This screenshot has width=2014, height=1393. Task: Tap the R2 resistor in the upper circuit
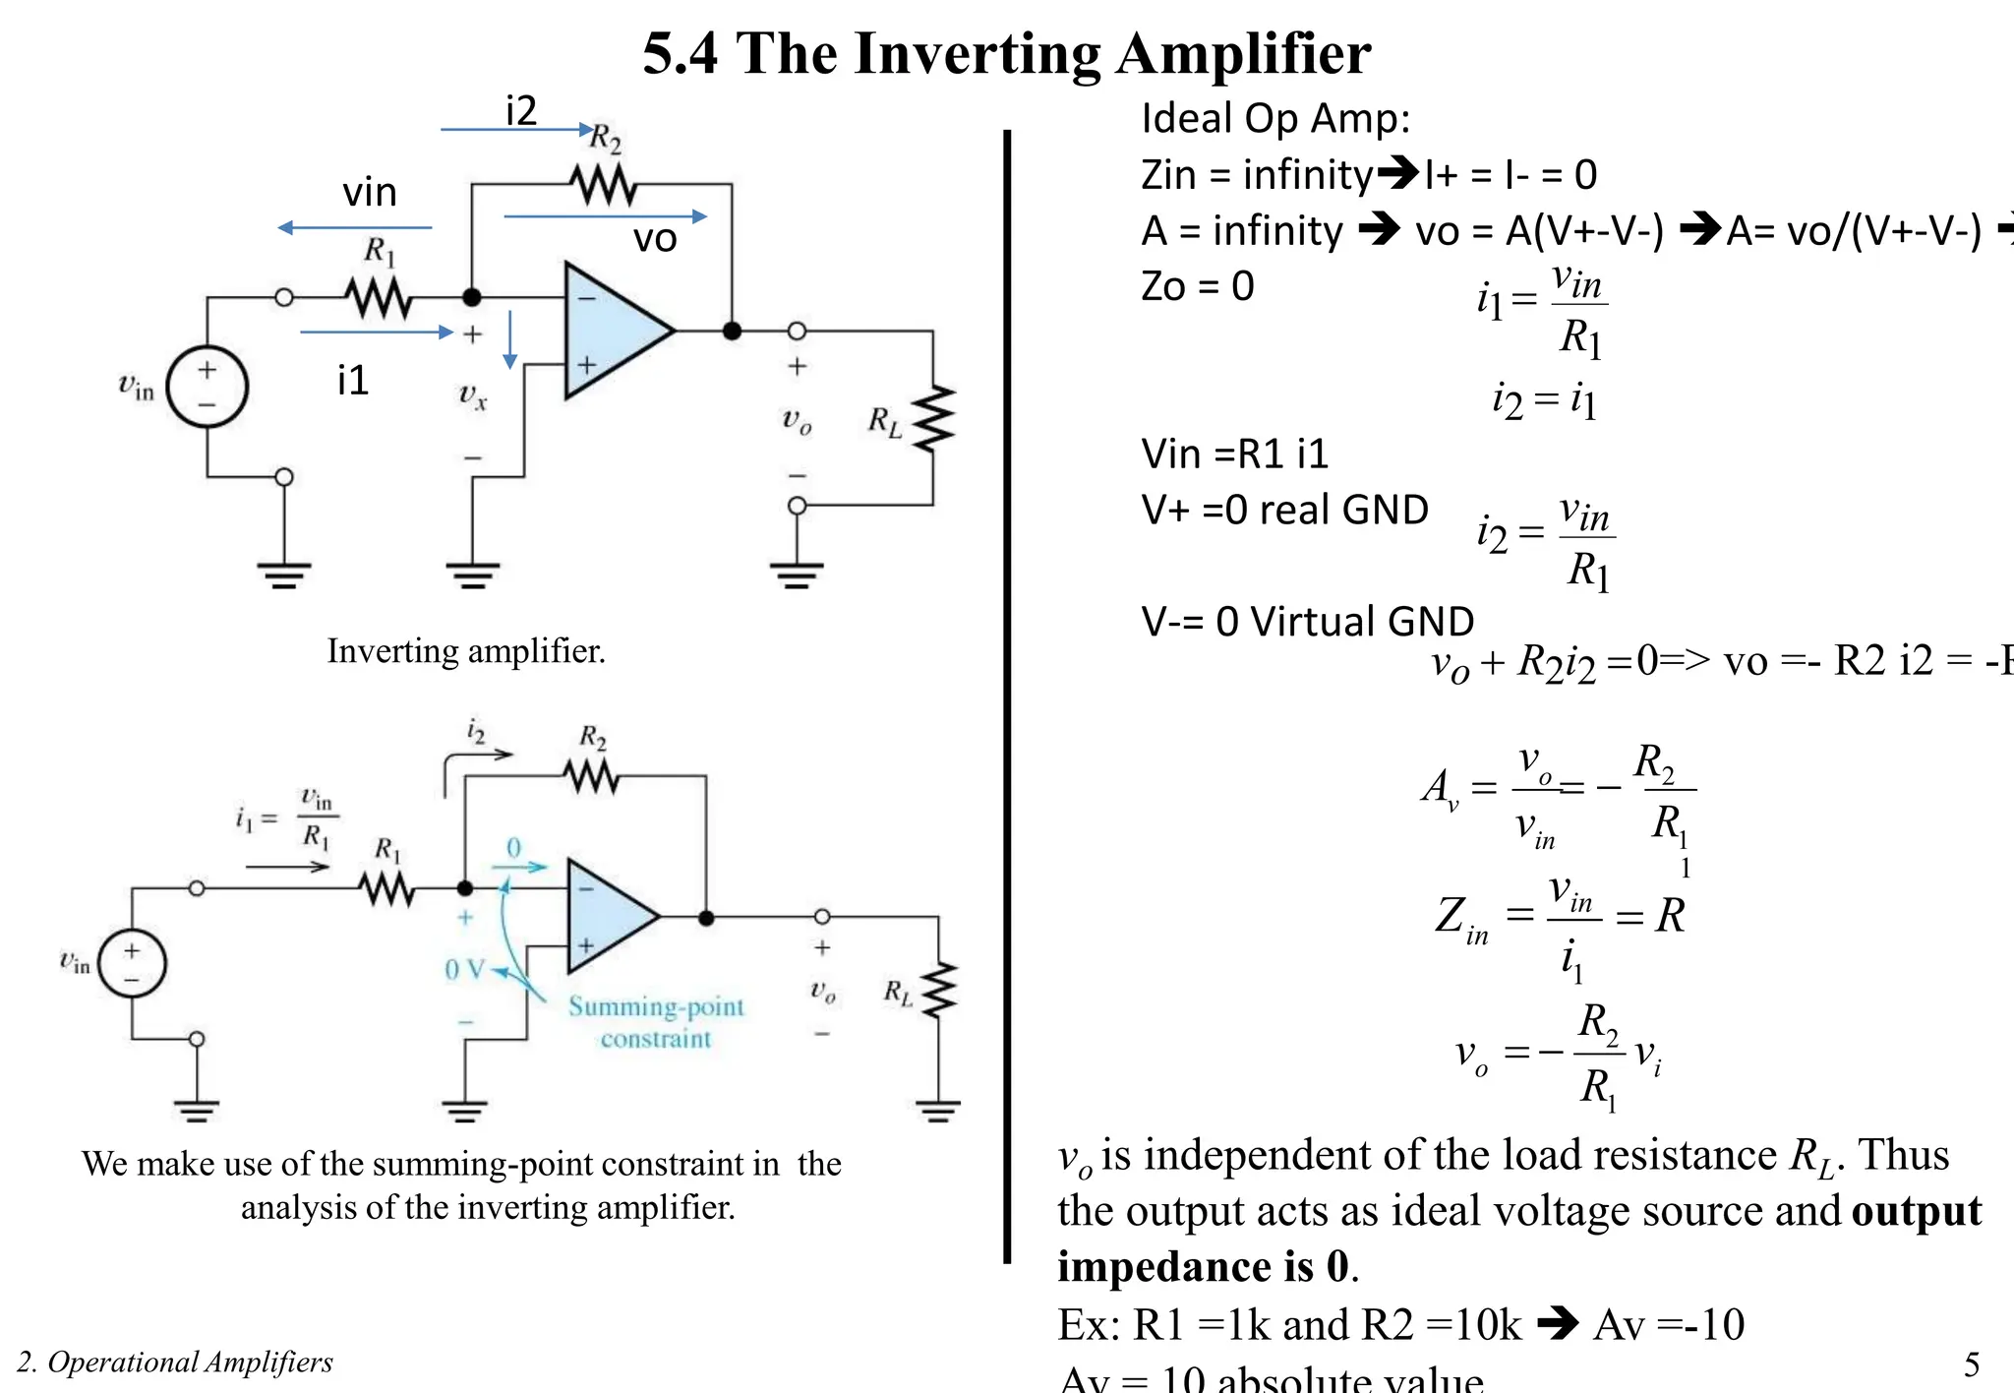(x=602, y=184)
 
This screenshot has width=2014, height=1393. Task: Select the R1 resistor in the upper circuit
(x=379, y=297)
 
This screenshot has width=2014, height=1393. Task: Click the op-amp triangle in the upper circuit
(x=612, y=331)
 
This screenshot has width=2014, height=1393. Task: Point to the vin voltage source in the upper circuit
(x=207, y=387)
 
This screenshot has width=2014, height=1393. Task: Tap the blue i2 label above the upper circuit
(x=520, y=110)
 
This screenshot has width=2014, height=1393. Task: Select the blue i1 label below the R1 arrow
(x=352, y=380)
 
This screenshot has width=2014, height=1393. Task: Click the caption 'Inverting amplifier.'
(x=466, y=651)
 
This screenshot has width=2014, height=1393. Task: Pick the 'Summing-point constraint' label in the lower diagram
(x=656, y=1022)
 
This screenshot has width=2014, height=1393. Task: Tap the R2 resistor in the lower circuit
(x=591, y=778)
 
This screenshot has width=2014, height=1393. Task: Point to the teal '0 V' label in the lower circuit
(x=464, y=970)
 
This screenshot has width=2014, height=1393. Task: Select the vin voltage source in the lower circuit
(x=132, y=964)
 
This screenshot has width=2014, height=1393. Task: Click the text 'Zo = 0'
(x=1197, y=286)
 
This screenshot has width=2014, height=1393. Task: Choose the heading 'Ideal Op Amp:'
(x=1275, y=119)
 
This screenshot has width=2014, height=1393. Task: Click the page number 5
(x=1972, y=1364)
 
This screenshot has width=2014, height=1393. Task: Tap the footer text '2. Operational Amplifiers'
(x=175, y=1363)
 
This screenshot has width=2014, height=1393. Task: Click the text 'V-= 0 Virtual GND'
(x=1307, y=622)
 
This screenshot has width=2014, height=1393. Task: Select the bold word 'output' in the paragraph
(x=1916, y=1211)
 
